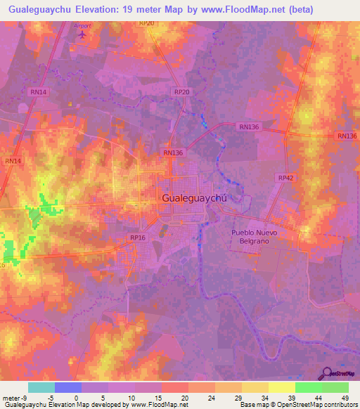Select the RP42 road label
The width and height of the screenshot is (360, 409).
[x=285, y=178]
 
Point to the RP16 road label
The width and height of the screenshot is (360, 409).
[x=137, y=238]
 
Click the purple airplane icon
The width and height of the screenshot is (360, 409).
[x=83, y=33]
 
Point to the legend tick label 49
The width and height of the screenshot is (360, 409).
[x=345, y=397]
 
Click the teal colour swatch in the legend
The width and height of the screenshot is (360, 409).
[x=41, y=387]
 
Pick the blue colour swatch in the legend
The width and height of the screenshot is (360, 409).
[x=67, y=387]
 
